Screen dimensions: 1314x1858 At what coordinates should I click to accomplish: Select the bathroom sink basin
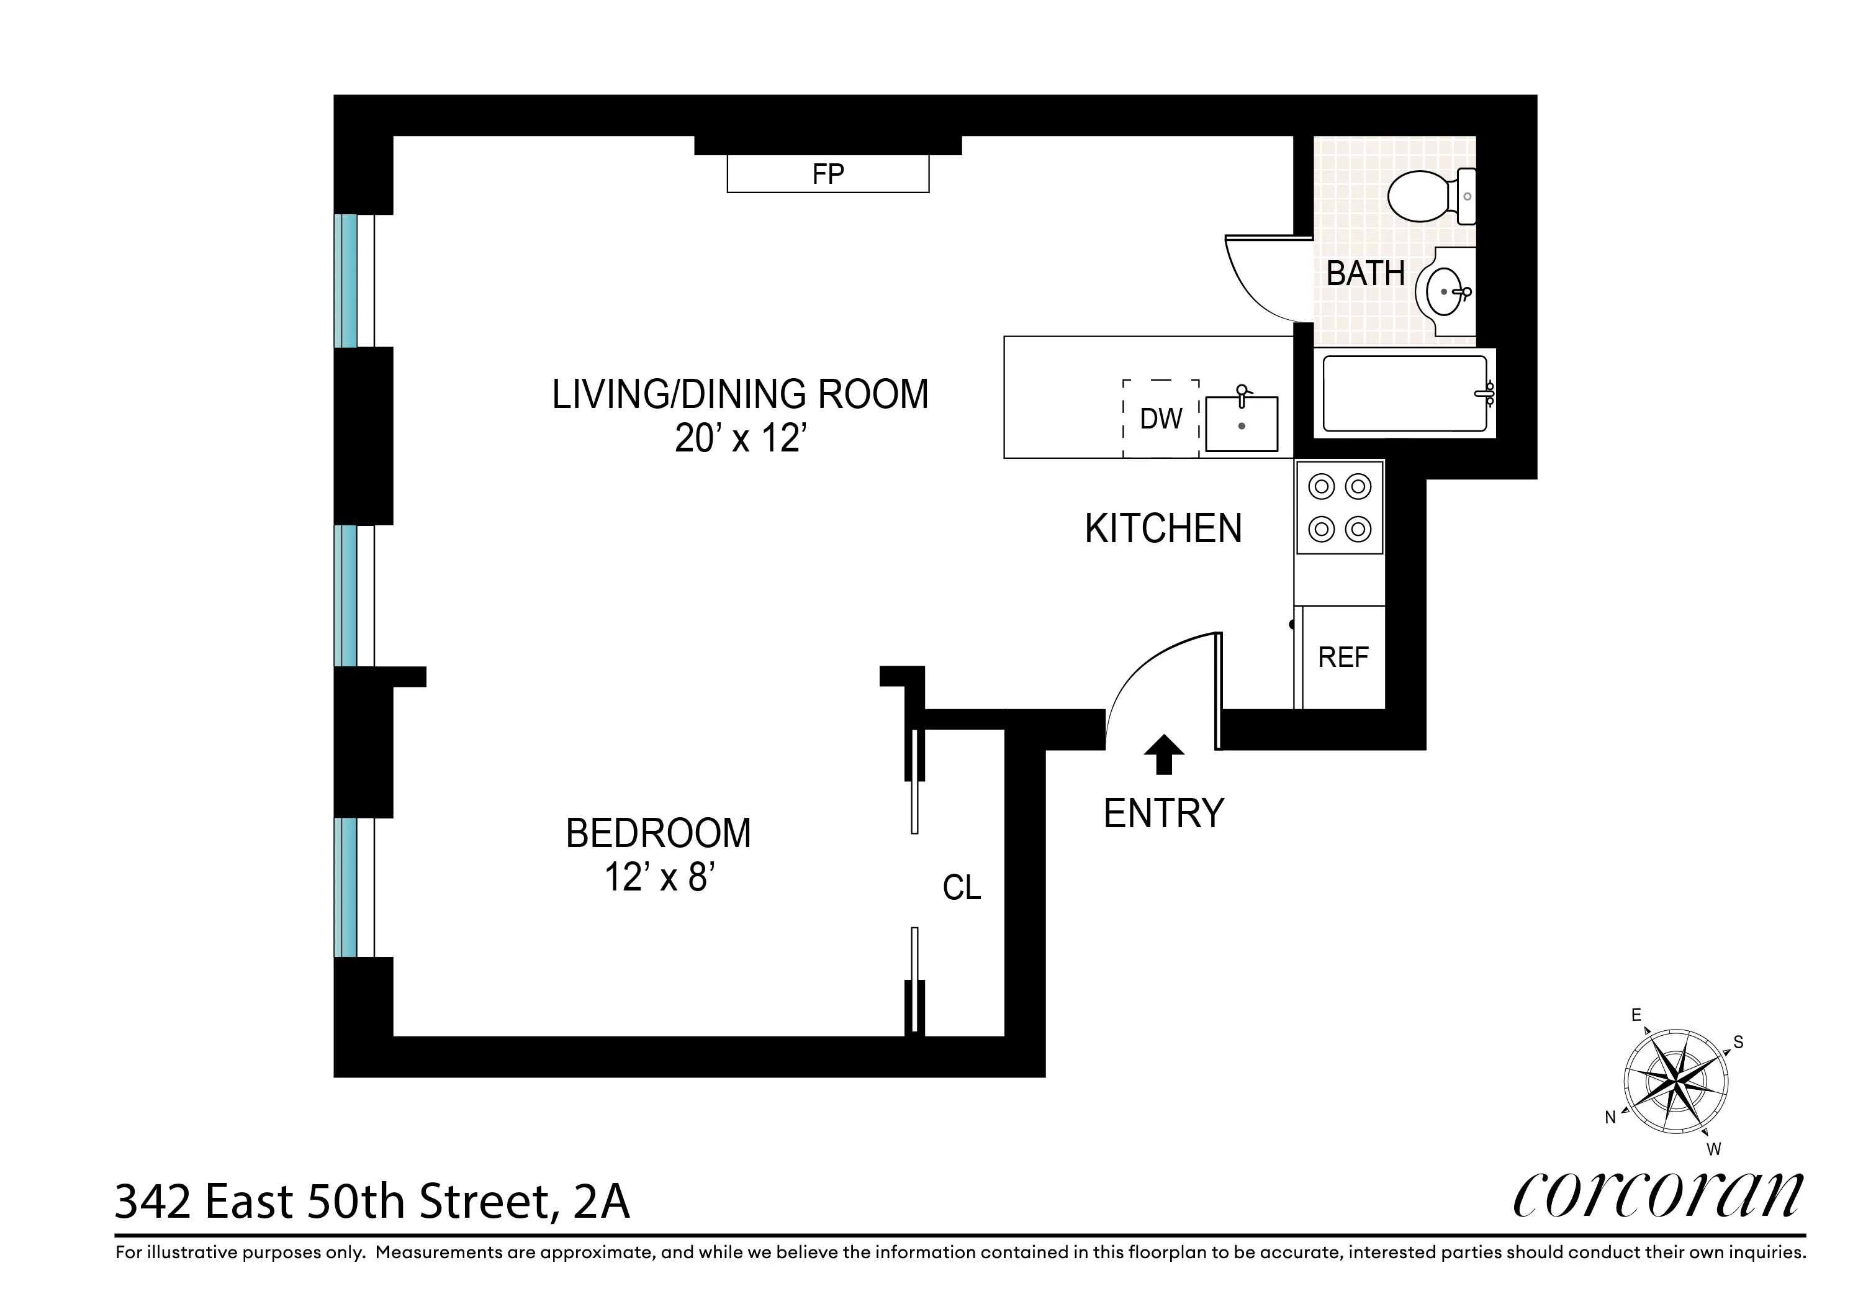click(1445, 291)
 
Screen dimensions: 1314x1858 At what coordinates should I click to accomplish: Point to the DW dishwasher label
click(1160, 419)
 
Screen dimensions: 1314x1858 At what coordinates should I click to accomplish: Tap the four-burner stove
click(1339, 507)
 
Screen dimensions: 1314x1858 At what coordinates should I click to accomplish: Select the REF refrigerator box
click(1343, 656)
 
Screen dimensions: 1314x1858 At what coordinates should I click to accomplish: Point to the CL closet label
click(962, 888)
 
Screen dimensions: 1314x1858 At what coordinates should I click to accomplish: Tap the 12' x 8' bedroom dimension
click(659, 877)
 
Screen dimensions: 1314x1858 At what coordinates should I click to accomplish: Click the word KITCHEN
click(1163, 528)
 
